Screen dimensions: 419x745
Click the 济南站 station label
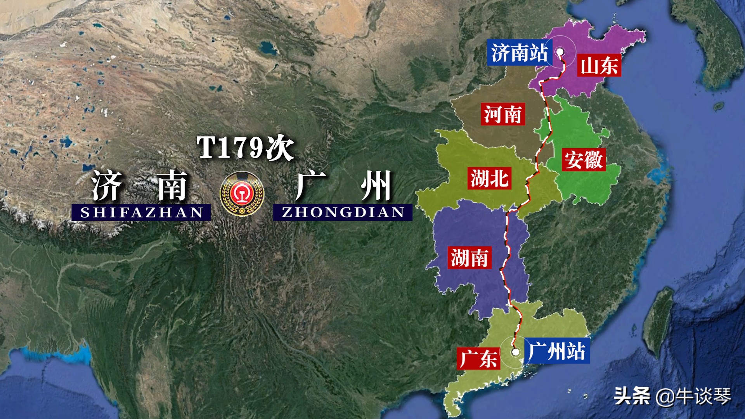[x=519, y=53]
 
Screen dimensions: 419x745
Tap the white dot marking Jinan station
[x=560, y=52]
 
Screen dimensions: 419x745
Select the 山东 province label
[x=599, y=65]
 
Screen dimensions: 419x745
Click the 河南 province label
[x=503, y=114]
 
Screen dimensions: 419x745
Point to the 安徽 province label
[x=584, y=159]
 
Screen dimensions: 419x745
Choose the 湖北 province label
[x=489, y=178]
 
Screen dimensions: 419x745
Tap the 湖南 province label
[x=470, y=258]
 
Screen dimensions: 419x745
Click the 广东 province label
[x=478, y=358]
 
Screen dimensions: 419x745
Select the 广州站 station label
[x=557, y=351]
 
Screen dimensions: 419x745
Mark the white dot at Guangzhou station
[x=515, y=352]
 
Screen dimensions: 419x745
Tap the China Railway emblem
[x=242, y=194]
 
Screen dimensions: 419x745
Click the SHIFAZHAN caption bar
[x=141, y=212]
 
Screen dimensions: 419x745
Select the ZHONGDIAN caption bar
[x=343, y=212]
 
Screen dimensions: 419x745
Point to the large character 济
[x=107, y=185]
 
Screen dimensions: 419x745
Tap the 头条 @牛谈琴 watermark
[x=672, y=396]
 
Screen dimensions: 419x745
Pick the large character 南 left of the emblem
[x=172, y=185]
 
